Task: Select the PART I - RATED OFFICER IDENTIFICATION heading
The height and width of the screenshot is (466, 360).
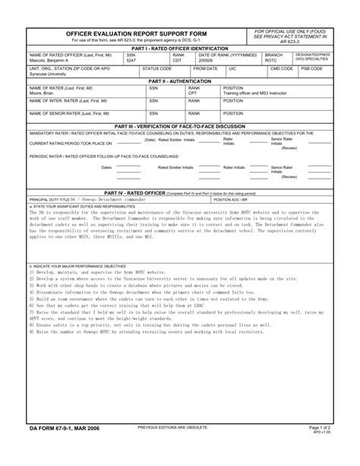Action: (179, 48)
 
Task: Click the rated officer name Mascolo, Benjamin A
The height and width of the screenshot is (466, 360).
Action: (49, 60)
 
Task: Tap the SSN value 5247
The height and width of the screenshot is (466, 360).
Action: (132, 60)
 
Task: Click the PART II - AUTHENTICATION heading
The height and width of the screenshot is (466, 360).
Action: (179, 81)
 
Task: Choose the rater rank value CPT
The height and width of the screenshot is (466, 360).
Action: (193, 93)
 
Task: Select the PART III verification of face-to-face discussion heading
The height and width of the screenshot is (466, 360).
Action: (179, 126)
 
